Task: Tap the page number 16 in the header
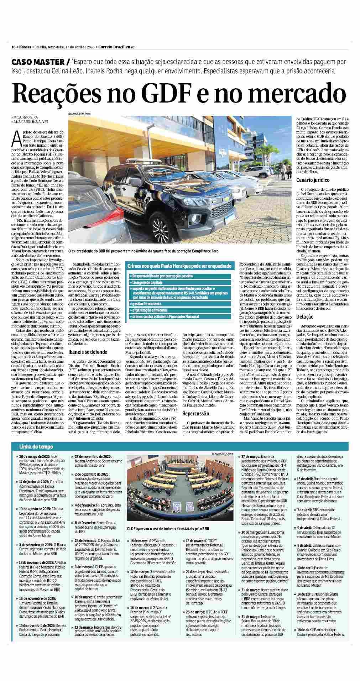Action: pyautogui.click(x=13, y=47)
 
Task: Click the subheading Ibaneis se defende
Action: pyautogui.click(x=88, y=352)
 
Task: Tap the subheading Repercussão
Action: pyautogui.click(x=196, y=414)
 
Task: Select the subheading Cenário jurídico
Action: pyautogui.click(x=313, y=180)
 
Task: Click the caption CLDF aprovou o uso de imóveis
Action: pyautogui.click(x=168, y=529)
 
